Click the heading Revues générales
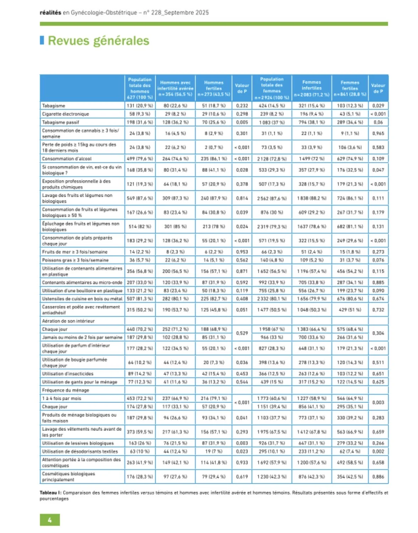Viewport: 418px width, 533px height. pyautogui.click(x=98, y=41)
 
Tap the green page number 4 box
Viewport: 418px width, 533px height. pyautogui.click(x=50, y=520)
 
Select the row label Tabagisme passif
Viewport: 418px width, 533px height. pyautogui.click(x=61, y=122)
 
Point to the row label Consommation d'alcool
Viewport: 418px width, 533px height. pyautogui.click(x=67, y=159)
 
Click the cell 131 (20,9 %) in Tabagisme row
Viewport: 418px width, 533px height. pyautogui.click(x=140, y=106)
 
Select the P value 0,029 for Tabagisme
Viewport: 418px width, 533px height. pyautogui.click(x=378, y=106)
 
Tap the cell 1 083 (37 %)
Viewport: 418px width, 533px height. pyautogui.click(x=272, y=122)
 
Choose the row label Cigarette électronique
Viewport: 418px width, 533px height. pyautogui.click(x=65, y=114)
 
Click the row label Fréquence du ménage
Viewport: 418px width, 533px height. pyautogui.click(x=66, y=390)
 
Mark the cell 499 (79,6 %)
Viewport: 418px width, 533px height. pyautogui.click(x=140, y=159)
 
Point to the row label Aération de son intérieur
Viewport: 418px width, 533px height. pyautogui.click(x=68, y=321)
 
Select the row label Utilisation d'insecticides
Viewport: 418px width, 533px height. pyautogui.click(x=68, y=374)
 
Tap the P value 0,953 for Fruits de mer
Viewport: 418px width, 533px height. pyautogui.click(x=242, y=252)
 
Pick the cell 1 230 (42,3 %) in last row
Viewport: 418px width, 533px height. pyautogui.click(x=272, y=477)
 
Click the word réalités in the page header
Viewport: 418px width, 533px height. pyautogui.click(x=50, y=13)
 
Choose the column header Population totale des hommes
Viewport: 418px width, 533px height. pyautogui.click(x=140, y=88)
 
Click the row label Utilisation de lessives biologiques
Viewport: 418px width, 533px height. pyautogui.click(x=78, y=443)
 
